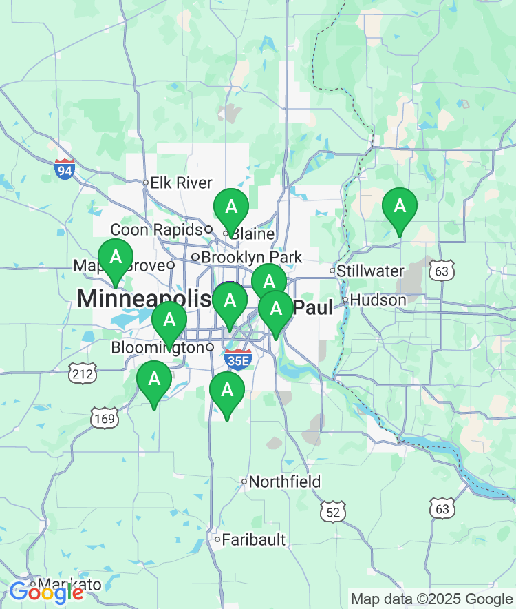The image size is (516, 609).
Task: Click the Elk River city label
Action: pyautogui.click(x=181, y=183)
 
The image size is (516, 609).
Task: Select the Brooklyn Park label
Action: pyautogui.click(x=251, y=257)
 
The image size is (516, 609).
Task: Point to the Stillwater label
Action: pyautogui.click(x=371, y=271)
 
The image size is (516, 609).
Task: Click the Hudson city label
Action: pyautogui.click(x=378, y=300)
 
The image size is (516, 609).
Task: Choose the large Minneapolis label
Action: pyautogui.click(x=144, y=299)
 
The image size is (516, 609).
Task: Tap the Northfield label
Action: pyautogui.click(x=284, y=482)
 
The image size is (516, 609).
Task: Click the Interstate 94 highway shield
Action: pyautogui.click(x=65, y=169)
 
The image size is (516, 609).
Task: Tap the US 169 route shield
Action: pyautogui.click(x=104, y=417)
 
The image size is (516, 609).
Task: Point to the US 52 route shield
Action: pyautogui.click(x=333, y=511)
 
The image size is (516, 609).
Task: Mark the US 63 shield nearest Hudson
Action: pyautogui.click(x=441, y=271)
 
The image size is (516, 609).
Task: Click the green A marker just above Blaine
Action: pyautogui.click(x=230, y=207)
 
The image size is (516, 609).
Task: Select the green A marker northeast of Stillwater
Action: pyautogui.click(x=399, y=206)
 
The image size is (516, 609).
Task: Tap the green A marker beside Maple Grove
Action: pyautogui.click(x=116, y=258)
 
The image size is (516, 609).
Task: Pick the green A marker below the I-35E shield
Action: pyautogui.click(x=227, y=391)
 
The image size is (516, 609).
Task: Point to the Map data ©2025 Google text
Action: pyautogui.click(x=432, y=599)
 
